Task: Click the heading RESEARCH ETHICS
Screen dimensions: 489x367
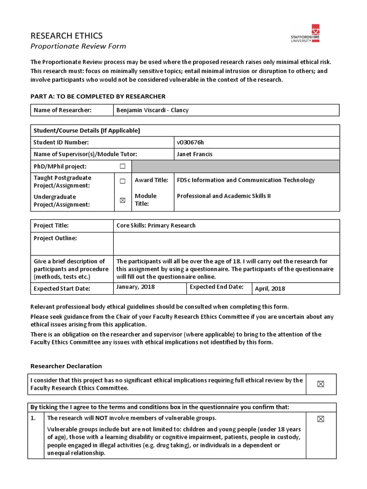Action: tap(66, 36)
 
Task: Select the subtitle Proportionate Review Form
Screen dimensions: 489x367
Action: tap(78, 46)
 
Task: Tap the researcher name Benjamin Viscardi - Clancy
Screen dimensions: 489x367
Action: tap(152, 110)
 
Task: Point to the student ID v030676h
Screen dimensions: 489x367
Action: tap(194, 142)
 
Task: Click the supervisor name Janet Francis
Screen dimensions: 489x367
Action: tap(194, 154)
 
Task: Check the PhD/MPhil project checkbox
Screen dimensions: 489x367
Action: tap(122, 166)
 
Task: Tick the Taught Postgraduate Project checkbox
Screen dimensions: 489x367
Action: tap(122, 181)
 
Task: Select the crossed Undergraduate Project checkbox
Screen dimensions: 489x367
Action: tap(122, 201)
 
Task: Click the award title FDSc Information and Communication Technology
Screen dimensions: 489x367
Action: tap(246, 180)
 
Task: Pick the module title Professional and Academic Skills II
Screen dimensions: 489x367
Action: tap(224, 196)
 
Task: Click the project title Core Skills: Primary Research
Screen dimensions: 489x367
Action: tap(156, 225)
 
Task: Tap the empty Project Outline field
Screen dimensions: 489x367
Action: tap(227, 244)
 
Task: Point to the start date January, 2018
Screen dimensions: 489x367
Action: tap(136, 287)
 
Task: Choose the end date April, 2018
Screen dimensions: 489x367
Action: tap(270, 288)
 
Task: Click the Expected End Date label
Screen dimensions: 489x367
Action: tap(216, 287)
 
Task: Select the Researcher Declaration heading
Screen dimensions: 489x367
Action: tap(66, 366)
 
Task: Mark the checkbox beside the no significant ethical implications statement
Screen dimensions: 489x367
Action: tap(321, 384)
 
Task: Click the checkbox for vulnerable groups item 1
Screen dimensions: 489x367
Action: tap(321, 419)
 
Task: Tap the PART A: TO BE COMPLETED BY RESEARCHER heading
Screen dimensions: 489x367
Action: tap(98, 96)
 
